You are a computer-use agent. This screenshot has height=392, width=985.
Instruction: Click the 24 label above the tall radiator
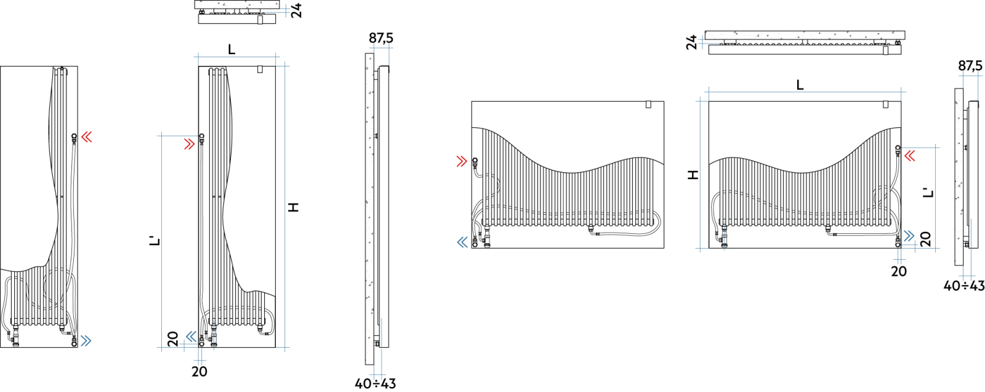(x=297, y=10)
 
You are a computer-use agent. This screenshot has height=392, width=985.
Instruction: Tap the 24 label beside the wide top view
(x=692, y=42)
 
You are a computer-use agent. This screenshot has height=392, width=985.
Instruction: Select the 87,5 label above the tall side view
(x=381, y=38)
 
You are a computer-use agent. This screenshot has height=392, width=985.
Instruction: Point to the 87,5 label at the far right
(x=970, y=66)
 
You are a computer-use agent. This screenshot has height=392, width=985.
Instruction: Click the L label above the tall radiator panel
(x=231, y=50)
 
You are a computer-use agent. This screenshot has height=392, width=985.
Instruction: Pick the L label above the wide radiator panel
(x=800, y=85)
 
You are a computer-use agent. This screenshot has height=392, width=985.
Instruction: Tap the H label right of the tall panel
(x=293, y=207)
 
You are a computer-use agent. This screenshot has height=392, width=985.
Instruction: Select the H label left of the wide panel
(x=693, y=175)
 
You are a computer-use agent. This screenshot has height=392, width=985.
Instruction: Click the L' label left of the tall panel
(x=155, y=241)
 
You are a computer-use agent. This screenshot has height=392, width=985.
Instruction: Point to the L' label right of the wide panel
(x=928, y=193)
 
